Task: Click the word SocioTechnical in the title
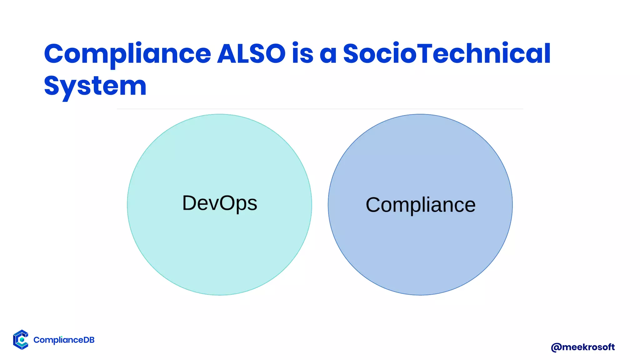click(447, 54)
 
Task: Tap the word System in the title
click(95, 86)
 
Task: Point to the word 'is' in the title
click(302, 54)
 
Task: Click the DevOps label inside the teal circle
click(219, 203)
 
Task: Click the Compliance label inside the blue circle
click(420, 205)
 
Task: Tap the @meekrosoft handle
click(582, 347)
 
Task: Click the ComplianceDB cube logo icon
click(21, 340)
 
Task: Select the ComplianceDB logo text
click(64, 340)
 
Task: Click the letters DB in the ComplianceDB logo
click(89, 340)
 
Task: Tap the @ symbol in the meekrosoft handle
click(556, 347)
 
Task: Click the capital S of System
click(52, 86)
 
